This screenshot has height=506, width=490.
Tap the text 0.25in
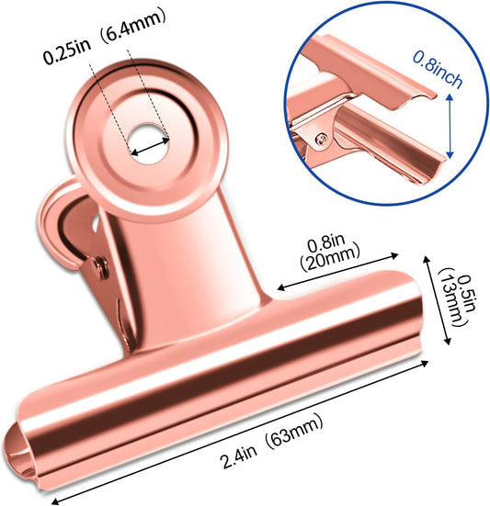click(x=67, y=52)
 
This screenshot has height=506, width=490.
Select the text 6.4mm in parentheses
click(x=134, y=27)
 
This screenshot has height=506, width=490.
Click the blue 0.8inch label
click(x=438, y=70)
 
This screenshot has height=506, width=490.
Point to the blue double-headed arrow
click(x=450, y=125)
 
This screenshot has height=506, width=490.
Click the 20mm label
click(x=330, y=258)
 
